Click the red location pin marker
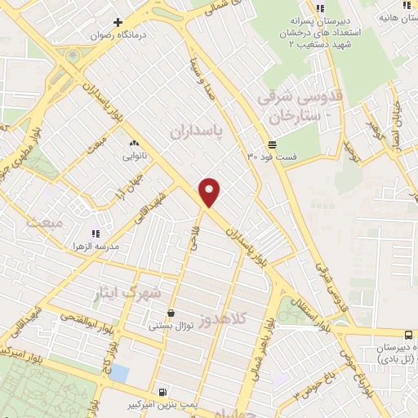[x=210, y=192]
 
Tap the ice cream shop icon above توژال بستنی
[x=170, y=313]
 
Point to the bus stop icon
[x=408, y=335]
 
